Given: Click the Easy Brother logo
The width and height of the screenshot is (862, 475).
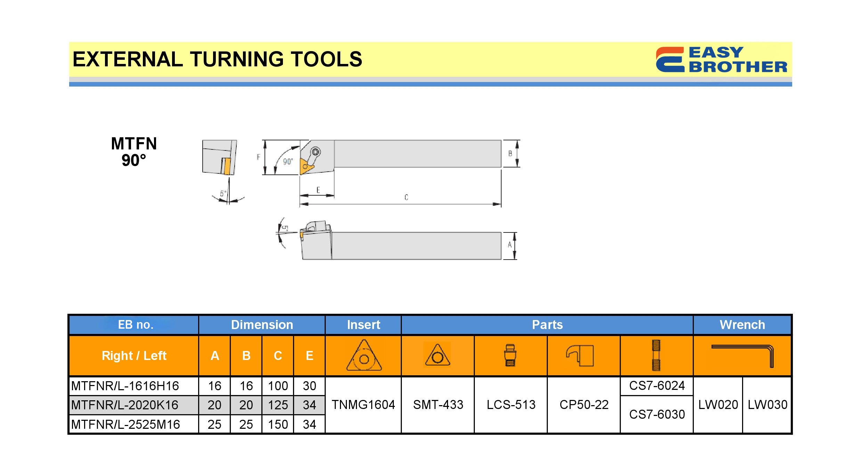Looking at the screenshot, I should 721,60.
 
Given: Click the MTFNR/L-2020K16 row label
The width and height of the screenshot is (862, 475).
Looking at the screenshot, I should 125,405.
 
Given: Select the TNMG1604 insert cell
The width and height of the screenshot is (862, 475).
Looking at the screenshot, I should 363,405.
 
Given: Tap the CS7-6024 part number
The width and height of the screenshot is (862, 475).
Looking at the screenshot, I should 657,386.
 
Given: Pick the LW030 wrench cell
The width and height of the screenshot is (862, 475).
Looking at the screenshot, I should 767,405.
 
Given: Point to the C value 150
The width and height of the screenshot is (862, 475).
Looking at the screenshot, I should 278,424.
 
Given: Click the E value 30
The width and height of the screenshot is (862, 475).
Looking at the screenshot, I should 309,386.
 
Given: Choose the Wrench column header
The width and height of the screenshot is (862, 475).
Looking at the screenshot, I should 742,325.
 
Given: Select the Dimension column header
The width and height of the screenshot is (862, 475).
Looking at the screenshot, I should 262,325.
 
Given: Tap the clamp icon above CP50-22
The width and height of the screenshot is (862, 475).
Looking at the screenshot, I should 580,355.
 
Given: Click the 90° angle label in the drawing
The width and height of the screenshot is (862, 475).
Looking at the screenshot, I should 288,162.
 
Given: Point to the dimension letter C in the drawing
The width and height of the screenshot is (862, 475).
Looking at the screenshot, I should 406,197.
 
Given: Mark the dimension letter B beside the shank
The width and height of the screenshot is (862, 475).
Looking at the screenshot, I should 510,153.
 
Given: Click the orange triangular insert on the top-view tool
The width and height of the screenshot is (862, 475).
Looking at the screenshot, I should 306,166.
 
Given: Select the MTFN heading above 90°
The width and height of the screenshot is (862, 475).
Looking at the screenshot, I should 134,144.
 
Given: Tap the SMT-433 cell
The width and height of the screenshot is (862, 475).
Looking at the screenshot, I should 438,405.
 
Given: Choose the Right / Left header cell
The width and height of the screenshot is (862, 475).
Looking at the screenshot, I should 134,356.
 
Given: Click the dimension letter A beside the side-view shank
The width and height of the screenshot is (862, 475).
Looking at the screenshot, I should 510,245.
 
